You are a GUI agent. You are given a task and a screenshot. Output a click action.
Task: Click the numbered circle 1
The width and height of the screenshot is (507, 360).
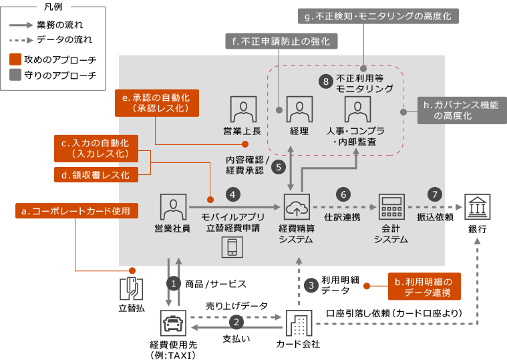(x=174, y=284)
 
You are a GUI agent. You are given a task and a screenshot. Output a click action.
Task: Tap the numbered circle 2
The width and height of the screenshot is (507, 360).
(x=236, y=321)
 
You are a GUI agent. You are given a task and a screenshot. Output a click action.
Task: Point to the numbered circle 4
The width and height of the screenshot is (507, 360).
(x=232, y=194)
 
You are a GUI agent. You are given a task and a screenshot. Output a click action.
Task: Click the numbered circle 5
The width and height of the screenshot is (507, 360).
(x=279, y=166)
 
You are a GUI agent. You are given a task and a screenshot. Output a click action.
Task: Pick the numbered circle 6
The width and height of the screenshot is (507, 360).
(x=343, y=194)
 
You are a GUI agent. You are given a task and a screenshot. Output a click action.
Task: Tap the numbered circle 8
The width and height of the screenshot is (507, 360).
(x=325, y=81)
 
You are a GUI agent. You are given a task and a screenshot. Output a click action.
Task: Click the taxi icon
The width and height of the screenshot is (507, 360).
(x=173, y=324)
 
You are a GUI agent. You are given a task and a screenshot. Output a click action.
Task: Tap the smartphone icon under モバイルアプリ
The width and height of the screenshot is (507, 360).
(x=232, y=247)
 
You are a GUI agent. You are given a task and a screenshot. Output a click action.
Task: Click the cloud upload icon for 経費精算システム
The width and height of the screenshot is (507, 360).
(x=295, y=208)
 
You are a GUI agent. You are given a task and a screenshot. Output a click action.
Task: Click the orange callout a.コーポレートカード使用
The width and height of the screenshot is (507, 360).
(x=76, y=211)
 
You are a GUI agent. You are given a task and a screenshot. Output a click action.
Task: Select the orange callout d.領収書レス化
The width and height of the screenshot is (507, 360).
(x=96, y=175)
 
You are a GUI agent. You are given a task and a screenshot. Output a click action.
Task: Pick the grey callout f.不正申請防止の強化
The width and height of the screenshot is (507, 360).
(x=281, y=41)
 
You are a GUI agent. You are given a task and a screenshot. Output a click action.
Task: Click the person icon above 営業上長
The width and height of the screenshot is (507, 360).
(x=244, y=109)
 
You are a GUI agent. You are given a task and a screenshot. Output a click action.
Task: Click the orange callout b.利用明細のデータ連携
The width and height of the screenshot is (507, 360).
(x=424, y=287)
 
